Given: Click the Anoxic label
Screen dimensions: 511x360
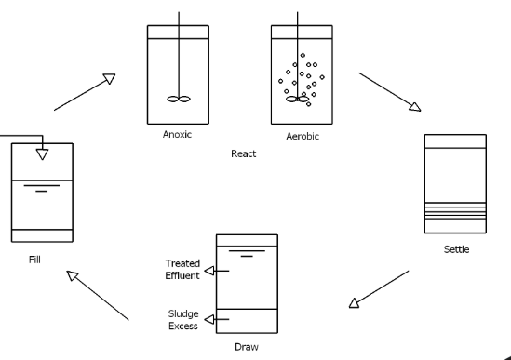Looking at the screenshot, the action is coord(177,134).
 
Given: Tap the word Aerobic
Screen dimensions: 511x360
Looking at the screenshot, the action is coord(303,136).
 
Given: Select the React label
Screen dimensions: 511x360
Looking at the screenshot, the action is coord(244,153).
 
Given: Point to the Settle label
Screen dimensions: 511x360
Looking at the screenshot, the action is coord(456,249).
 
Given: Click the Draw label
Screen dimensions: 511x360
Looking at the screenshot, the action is coord(247,347).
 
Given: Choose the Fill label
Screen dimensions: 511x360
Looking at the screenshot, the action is coord(34,260).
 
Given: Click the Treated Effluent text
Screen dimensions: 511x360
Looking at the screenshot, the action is coord(182,270).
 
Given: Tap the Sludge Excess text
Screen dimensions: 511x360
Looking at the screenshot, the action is coord(183,320).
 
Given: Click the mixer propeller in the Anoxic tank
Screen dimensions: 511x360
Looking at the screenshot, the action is coord(179,99).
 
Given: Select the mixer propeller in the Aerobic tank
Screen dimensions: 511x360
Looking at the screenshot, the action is coord(297,99).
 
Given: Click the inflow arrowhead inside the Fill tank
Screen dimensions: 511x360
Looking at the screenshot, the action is coord(43,154).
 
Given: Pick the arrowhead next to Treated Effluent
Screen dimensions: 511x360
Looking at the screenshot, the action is coord(209,271).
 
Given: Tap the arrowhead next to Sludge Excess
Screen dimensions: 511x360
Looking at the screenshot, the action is coord(209,319).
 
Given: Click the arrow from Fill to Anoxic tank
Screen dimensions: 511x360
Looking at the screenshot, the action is coord(85,92).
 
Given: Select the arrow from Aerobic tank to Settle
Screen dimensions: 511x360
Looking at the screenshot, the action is coord(390,92).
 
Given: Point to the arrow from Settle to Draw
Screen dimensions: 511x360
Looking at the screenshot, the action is coord(379,289).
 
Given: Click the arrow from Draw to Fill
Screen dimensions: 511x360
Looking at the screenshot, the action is coord(98,296).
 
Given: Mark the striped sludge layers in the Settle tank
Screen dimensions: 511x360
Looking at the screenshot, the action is coord(455,210).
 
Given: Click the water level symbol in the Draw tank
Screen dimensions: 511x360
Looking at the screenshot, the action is coord(247,253).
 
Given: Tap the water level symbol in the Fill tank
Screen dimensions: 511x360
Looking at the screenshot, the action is coord(42,188).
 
